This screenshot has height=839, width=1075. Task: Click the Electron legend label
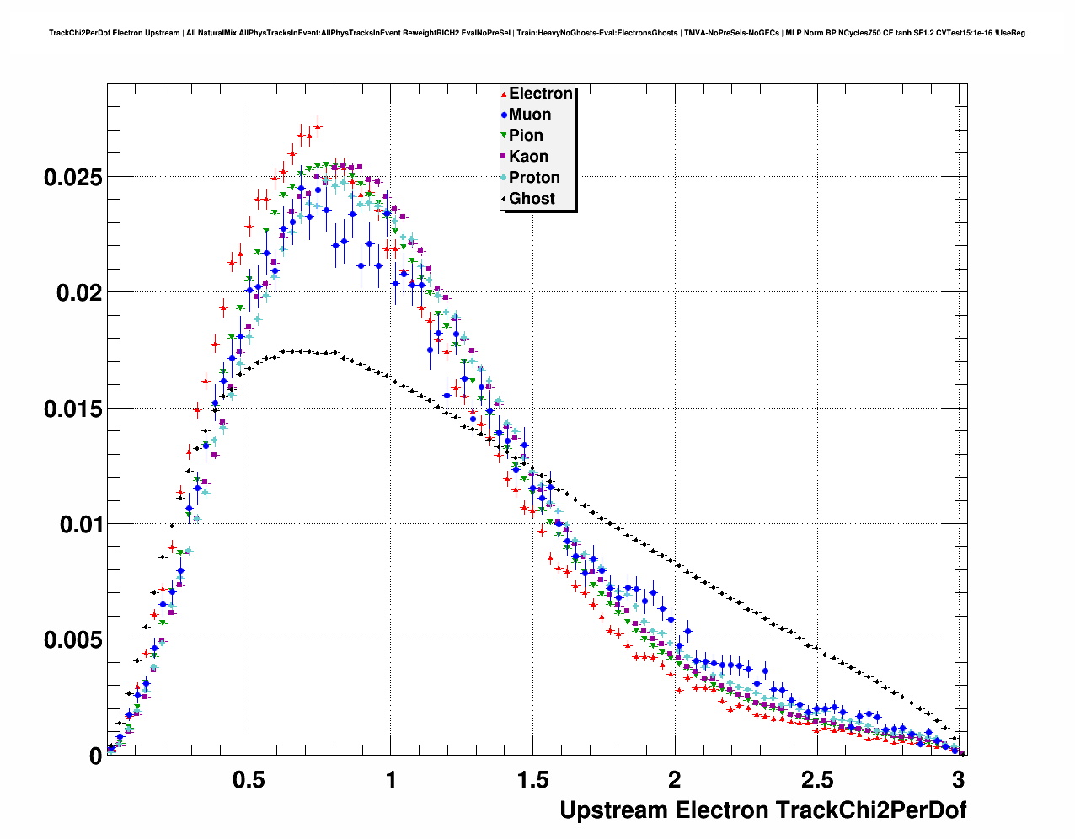pos(541,94)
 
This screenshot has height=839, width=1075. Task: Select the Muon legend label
pos(530,115)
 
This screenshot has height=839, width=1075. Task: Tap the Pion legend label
pos(526,136)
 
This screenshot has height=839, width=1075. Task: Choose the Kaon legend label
pos(528,157)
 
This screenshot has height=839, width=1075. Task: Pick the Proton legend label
pos(534,178)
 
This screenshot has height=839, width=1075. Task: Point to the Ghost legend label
pos(532,199)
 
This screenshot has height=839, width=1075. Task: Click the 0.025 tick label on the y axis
pos(72,177)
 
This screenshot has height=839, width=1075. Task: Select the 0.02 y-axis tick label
pos(78,293)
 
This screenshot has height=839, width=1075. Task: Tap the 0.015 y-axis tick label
pos(72,409)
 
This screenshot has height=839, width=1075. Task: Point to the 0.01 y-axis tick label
pos(78,524)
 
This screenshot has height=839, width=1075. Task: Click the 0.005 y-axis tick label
pos(72,640)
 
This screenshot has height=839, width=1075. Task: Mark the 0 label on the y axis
pos(95,756)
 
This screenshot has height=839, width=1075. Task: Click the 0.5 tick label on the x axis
pos(249,779)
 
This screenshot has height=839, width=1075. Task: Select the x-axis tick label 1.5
pos(532,779)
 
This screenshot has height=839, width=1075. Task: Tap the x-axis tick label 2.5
pos(816,779)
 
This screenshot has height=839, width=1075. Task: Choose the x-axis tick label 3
pos(958,779)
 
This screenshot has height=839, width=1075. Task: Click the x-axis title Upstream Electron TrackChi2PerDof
pos(762,810)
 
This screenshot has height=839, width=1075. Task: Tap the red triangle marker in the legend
pos(504,94)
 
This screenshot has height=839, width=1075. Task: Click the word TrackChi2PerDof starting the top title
pos(80,33)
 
